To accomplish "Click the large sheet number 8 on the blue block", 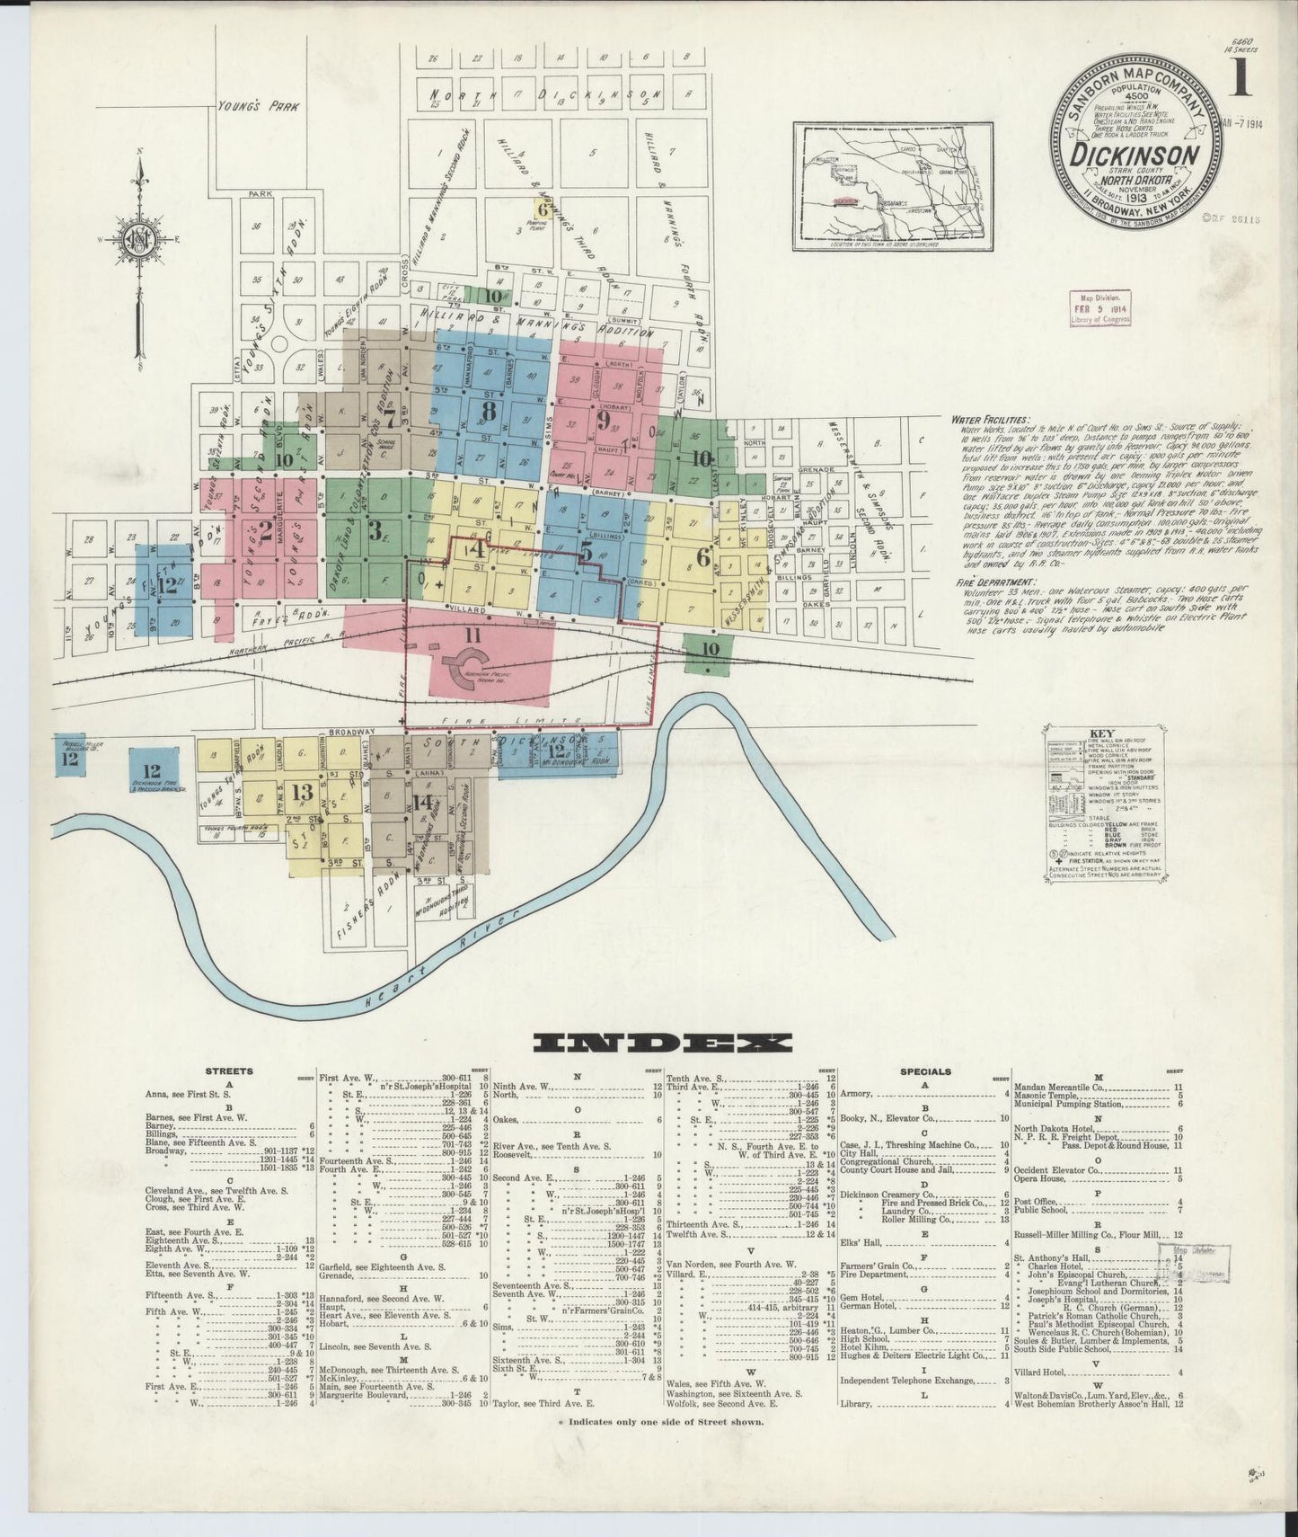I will [x=488, y=411].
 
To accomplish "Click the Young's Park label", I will [x=258, y=106].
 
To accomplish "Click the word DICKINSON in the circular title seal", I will [x=1135, y=155].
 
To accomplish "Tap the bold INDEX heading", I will [x=662, y=1043].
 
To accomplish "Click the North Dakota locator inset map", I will [x=894, y=187].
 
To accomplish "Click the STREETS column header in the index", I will [x=229, y=1071].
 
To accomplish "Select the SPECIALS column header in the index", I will [x=925, y=1071].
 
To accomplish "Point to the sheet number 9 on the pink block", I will [x=604, y=419].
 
